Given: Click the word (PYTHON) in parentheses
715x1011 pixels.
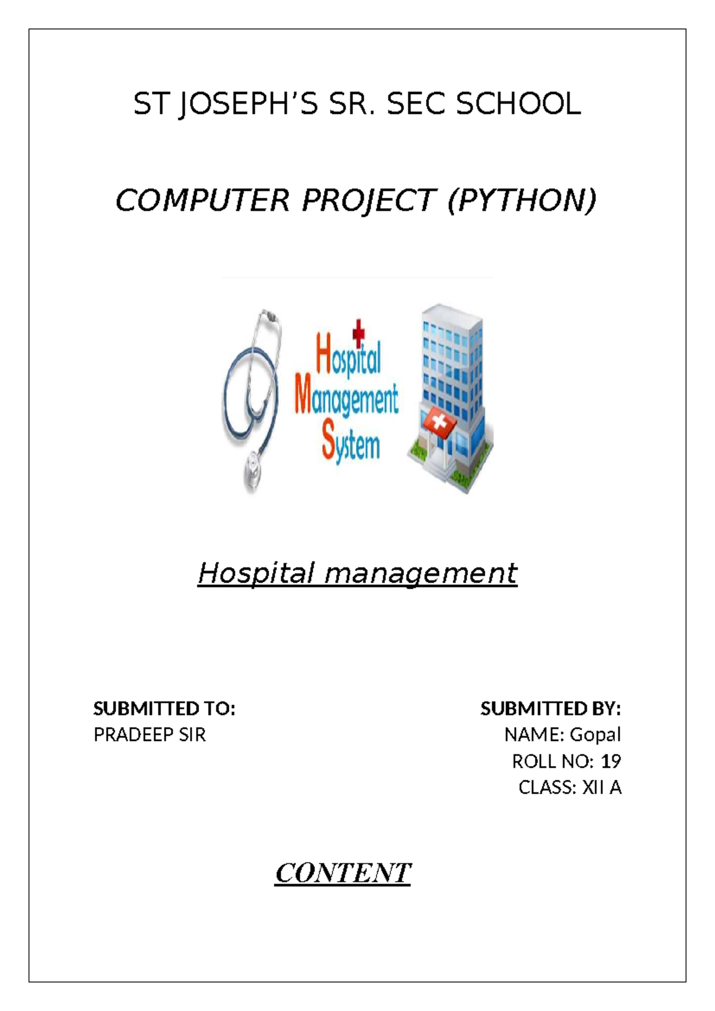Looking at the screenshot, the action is [x=522, y=201].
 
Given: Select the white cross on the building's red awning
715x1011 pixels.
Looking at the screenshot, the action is [x=437, y=423].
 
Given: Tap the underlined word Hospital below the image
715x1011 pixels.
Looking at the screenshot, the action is [x=256, y=574].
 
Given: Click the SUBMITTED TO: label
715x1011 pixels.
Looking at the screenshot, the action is [x=164, y=709].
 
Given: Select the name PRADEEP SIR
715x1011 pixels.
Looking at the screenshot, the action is [x=150, y=735].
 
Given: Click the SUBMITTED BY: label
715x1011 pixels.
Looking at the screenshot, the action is [x=551, y=709].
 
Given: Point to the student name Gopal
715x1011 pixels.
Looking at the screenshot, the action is [x=595, y=736].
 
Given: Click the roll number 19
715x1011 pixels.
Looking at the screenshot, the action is [x=611, y=761].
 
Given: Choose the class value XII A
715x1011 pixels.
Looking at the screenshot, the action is [x=602, y=787].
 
